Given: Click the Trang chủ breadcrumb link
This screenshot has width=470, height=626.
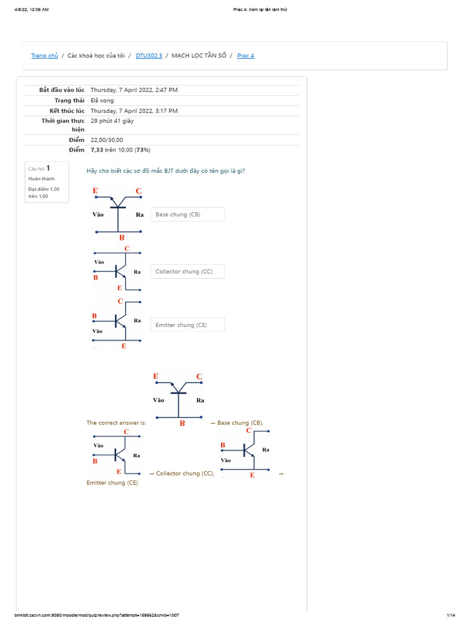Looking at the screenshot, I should tap(45, 56).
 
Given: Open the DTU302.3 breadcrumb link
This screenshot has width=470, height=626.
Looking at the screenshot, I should tap(149, 56).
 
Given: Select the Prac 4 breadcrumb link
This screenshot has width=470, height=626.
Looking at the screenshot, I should tap(245, 56).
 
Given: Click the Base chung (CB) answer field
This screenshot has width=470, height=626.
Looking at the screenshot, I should tap(187, 215).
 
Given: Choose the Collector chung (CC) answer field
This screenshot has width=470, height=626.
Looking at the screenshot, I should tap(187, 271).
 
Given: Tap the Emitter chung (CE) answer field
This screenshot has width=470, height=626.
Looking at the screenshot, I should tap(187, 325).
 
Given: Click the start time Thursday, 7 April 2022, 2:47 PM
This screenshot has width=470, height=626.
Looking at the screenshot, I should tap(134, 90).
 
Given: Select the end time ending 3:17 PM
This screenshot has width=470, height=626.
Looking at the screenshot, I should tap(134, 111).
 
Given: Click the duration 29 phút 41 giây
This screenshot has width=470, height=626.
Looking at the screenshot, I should tap(112, 121).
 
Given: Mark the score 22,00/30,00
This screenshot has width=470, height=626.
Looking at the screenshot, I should tap(106, 140).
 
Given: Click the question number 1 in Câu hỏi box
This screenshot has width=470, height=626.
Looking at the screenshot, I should tap(48, 168).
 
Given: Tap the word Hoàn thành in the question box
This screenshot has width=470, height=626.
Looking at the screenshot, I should tap(41, 179).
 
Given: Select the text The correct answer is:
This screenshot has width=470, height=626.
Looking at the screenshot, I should tap(116, 423).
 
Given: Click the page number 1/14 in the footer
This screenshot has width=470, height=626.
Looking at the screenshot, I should tap(451, 615).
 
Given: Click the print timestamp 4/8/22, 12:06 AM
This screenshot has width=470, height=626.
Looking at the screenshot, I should tap(31, 10).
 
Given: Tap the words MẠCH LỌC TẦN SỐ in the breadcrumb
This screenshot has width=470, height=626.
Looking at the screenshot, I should tap(199, 56).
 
